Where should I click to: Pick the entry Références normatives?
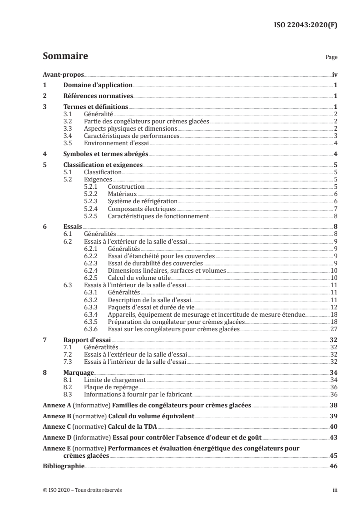pyautogui.click(x=98, y=96)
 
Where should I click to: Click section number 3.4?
pyautogui.click(x=68, y=136)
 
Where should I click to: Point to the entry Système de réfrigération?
pyautogui.click(x=143, y=201)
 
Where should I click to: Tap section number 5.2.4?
pyautogui.click(x=92, y=209)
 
